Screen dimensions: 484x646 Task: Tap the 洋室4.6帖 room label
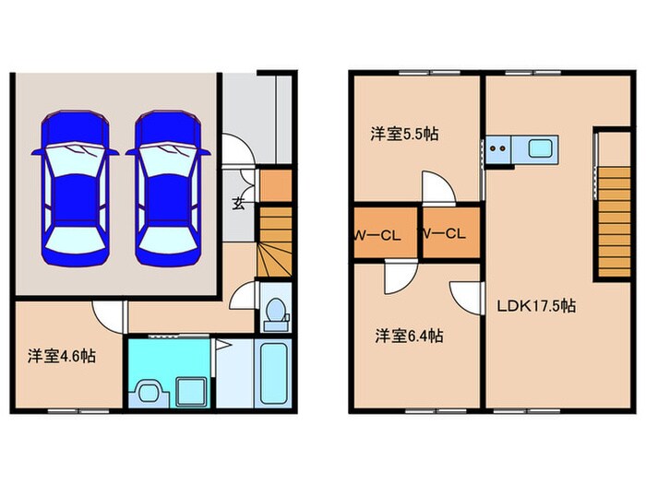tap(61, 355)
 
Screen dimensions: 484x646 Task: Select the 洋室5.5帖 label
tap(404, 134)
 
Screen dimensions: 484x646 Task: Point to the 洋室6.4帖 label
tap(409, 336)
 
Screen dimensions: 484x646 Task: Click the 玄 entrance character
tap(238, 204)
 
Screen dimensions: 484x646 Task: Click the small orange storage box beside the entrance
tap(274, 186)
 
